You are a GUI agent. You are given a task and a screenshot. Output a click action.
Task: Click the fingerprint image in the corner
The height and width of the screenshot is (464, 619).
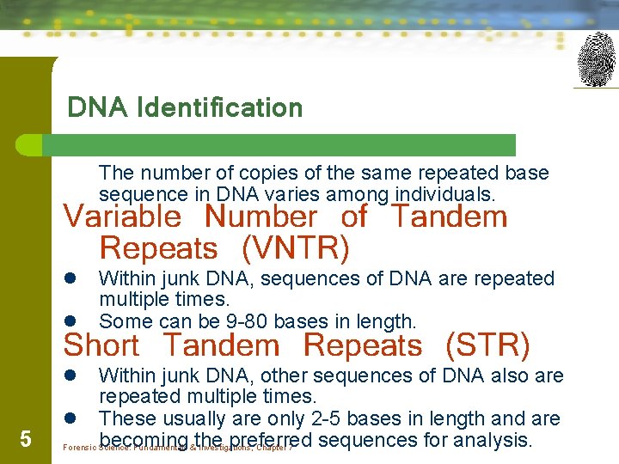pyautogui.click(x=596, y=59)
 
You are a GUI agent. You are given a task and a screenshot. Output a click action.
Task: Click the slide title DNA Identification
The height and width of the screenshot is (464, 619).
pyautogui.click(x=185, y=108)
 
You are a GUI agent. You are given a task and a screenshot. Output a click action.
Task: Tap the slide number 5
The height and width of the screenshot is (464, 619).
pyautogui.click(x=26, y=440)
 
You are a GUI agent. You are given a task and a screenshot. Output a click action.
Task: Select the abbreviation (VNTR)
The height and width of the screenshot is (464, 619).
pyautogui.click(x=296, y=248)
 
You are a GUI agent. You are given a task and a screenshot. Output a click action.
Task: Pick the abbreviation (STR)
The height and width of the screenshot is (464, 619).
pyautogui.click(x=487, y=345)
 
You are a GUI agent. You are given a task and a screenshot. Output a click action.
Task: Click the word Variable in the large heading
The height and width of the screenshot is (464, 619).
pyautogui.click(x=122, y=217)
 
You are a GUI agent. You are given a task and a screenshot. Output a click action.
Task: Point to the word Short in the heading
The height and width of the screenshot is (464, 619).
pyautogui.click(x=101, y=345)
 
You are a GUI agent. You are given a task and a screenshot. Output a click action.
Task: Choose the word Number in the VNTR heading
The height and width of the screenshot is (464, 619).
pyautogui.click(x=260, y=217)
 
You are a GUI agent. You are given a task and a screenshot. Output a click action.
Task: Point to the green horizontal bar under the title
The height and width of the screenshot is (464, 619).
pyautogui.click(x=284, y=144)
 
